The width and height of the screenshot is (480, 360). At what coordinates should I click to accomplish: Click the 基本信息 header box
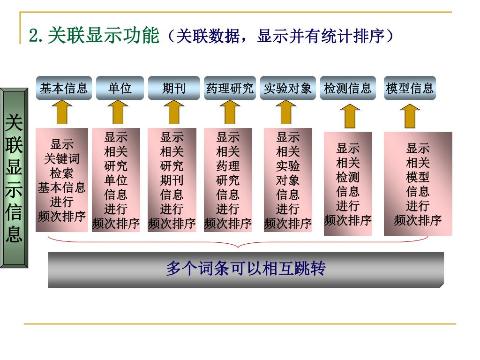64,88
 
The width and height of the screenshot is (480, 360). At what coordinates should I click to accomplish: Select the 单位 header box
120,88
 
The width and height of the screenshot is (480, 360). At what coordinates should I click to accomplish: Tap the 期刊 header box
174,88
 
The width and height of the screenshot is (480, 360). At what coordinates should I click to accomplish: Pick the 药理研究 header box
230,88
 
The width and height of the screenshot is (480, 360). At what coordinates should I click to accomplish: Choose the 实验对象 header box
287,88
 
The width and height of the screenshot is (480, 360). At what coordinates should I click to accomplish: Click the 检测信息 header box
347,88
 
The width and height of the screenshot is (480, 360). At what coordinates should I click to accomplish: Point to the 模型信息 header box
410,88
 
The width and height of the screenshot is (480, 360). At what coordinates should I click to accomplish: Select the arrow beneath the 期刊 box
174,112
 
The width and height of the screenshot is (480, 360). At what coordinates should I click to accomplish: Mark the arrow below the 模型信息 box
411,116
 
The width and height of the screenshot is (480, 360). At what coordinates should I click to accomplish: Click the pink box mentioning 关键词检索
62,180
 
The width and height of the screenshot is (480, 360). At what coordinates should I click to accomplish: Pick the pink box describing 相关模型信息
418,184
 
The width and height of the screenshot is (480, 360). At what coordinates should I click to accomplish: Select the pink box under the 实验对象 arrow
288,180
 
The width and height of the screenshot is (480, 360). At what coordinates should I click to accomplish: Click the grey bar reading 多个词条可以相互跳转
246,270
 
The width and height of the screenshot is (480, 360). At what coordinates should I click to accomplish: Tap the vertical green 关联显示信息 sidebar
14,178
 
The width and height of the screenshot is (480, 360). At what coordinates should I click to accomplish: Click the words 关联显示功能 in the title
104,36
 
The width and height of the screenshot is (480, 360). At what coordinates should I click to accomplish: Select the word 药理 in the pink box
228,166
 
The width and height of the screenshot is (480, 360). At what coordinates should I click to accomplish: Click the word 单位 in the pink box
116,180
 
